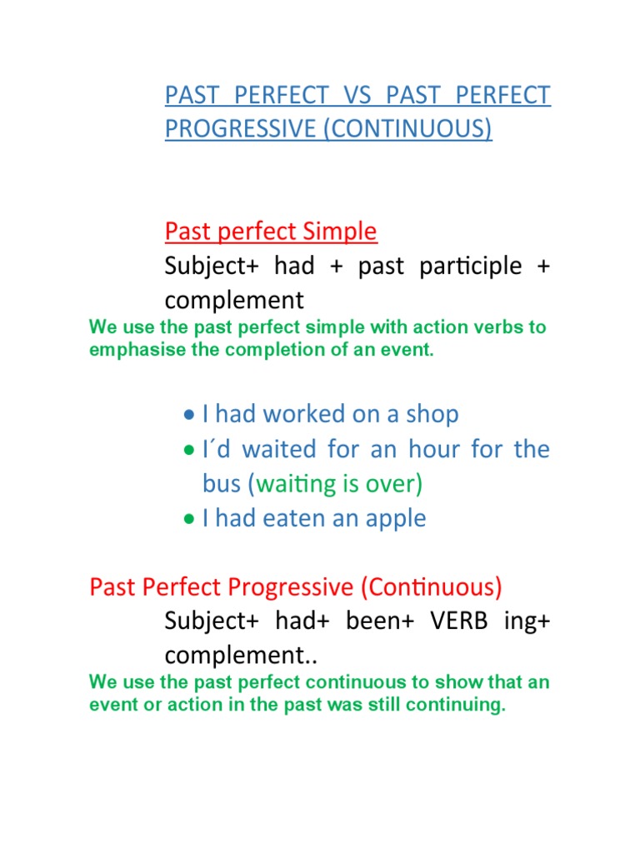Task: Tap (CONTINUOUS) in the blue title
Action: (x=412, y=131)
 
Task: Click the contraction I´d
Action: (x=215, y=449)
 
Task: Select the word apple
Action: (x=394, y=518)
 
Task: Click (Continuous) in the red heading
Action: (x=431, y=588)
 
